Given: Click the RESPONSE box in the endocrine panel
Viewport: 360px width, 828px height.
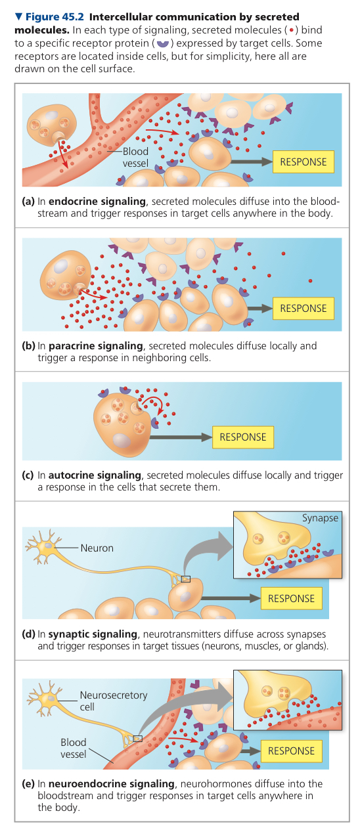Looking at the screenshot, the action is [x=303, y=162].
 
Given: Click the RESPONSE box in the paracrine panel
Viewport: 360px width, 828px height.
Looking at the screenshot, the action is [x=303, y=308].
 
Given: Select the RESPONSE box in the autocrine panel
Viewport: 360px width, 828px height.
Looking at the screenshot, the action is [x=242, y=437].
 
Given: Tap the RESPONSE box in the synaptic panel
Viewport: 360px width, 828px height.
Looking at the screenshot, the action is [x=291, y=598].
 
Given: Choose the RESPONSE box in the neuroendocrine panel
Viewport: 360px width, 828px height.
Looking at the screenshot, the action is [x=291, y=751].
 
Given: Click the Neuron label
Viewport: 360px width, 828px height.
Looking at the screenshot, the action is [x=97, y=548].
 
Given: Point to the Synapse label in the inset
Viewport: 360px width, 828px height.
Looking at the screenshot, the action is [x=320, y=518].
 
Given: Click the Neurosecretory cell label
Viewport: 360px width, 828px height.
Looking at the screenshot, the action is [x=114, y=701].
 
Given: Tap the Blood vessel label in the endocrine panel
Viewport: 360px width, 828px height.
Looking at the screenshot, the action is [x=135, y=157].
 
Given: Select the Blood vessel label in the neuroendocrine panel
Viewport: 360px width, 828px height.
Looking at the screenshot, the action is [x=74, y=748].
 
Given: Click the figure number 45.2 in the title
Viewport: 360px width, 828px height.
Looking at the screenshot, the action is [x=73, y=16].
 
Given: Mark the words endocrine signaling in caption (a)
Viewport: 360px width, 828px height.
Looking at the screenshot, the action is [x=97, y=202].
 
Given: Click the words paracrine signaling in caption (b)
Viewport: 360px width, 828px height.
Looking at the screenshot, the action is [x=95, y=346].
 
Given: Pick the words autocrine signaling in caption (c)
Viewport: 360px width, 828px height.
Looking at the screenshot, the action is [x=95, y=475].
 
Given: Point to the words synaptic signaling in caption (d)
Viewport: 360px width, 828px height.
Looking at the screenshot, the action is [x=93, y=634].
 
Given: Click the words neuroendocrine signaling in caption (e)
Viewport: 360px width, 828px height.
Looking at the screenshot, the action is [x=112, y=783].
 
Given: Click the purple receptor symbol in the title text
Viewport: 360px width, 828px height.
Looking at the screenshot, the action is [x=163, y=44].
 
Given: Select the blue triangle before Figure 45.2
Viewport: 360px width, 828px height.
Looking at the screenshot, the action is [x=18, y=16].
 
